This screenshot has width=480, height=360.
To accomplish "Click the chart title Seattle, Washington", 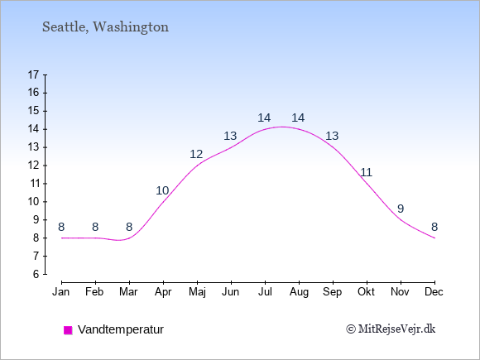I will (x=105, y=26).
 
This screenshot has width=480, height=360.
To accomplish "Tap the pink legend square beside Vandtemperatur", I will (x=68, y=330).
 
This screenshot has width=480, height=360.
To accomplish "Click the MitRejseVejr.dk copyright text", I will (x=391, y=329).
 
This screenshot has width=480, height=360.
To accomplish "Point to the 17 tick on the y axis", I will (x=34, y=74).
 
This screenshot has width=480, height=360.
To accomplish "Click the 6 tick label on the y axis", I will (x=36, y=274).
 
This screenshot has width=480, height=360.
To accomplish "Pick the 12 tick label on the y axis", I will (x=34, y=166).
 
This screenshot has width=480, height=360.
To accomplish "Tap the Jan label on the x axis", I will (x=61, y=291).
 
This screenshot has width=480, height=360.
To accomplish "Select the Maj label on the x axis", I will (x=197, y=291).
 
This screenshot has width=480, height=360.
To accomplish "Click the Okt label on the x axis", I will (x=366, y=291).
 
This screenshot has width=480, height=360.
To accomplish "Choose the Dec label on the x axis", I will (x=434, y=291).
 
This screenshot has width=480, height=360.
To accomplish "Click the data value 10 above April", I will (x=163, y=190).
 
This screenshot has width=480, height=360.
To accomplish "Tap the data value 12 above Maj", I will (x=197, y=154).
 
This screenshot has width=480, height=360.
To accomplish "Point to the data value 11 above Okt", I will (x=366, y=172).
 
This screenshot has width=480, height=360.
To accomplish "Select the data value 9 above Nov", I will (x=401, y=209).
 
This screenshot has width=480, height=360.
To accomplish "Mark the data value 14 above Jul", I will (x=264, y=118).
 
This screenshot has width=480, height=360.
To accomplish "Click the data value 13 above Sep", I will (x=332, y=136).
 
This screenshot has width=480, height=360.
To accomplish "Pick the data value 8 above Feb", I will (x=95, y=227).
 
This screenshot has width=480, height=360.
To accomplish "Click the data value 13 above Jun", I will (x=231, y=136).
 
